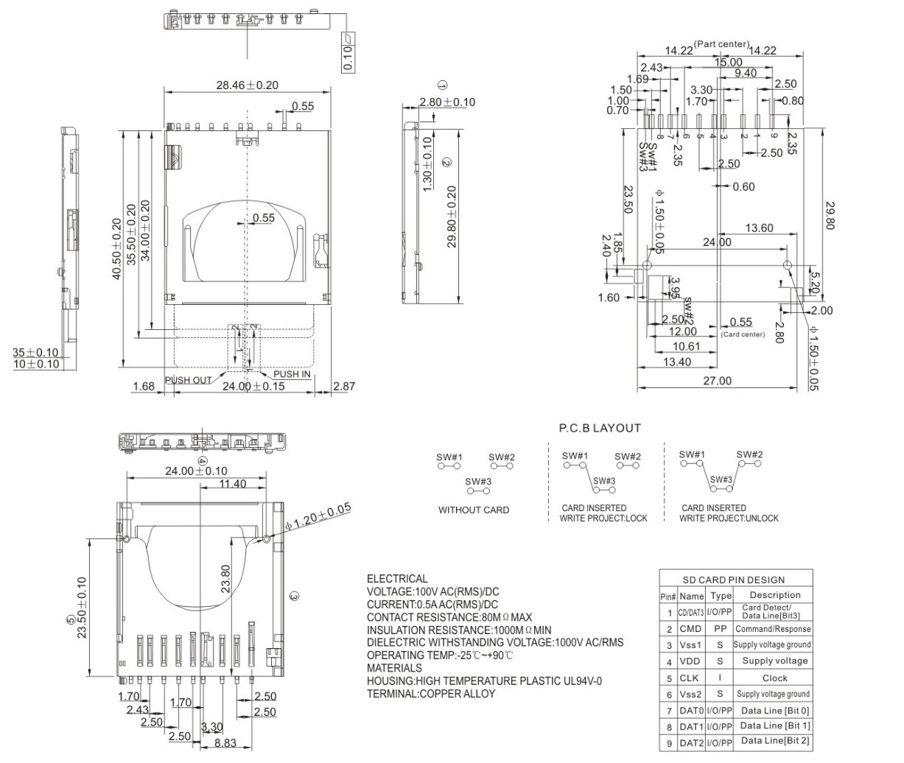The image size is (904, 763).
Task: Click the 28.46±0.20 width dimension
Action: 247,85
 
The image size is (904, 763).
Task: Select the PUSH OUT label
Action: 188,380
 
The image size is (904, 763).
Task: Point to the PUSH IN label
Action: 292,374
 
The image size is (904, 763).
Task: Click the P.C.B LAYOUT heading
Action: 600,428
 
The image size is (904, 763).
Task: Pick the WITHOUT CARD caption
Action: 473,510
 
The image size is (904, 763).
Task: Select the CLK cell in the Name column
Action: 690,678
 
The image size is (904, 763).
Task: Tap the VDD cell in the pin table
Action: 690,661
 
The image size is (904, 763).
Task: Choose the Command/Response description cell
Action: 773,629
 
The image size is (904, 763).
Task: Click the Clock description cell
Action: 774,678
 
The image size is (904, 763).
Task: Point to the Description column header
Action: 774,595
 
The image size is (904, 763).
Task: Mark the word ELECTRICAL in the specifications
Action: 397,579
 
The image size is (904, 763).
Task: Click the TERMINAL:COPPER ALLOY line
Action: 431,693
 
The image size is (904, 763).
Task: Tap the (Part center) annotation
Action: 722,44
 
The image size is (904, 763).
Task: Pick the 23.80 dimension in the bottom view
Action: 225,578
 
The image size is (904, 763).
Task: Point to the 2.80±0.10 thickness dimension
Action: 446,102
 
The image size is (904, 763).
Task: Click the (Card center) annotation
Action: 743,334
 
